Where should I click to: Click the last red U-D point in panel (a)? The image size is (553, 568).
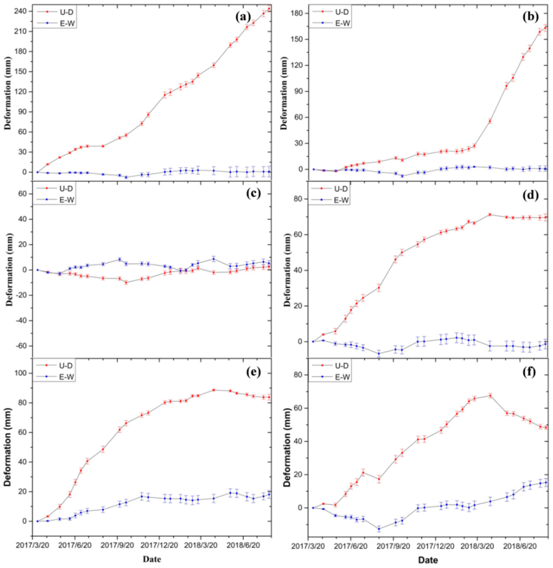(269, 9)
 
